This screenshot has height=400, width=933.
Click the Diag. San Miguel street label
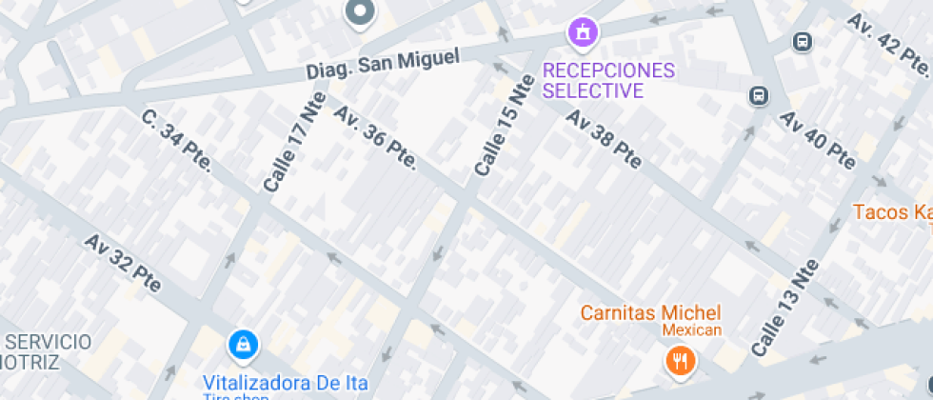pyautogui.click(x=382, y=64)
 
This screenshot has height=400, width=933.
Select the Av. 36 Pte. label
pyautogui.click(x=375, y=137)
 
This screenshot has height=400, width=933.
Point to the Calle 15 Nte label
pyautogui.click(x=505, y=125)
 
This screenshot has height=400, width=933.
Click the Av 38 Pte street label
pyautogui.click(x=604, y=139)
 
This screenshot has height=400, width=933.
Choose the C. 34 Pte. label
pyautogui.click(x=176, y=142)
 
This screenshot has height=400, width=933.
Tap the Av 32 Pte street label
pyautogui.click(x=123, y=264)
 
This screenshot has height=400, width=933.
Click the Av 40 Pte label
pyautogui.click(x=818, y=139)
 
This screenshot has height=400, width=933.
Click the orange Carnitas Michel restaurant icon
pyautogui.click(x=679, y=360)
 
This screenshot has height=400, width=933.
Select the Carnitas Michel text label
pyautogui.click(x=651, y=312)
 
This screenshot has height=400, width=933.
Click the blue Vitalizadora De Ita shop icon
pyautogui.click(x=244, y=344)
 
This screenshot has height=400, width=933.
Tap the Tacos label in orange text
pyautogui.click(x=891, y=211)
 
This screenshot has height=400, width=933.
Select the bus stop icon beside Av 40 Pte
pyautogui.click(x=759, y=95)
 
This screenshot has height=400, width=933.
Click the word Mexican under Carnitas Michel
pyautogui.click(x=692, y=330)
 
